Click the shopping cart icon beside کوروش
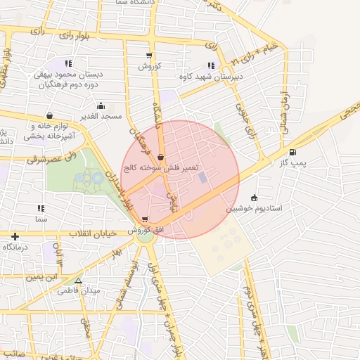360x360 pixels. pyautogui.click(x=148, y=56)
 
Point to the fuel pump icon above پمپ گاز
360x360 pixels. pyautogui.click(x=292, y=153)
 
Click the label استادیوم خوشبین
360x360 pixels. pyautogui.click(x=254, y=208)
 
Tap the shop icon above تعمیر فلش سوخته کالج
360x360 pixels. pyautogui.click(x=162, y=157)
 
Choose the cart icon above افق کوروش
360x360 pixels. pyautogui.click(x=145, y=219)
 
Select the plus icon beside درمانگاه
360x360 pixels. pyautogui.click(x=15, y=237)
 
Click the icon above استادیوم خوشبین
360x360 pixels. pyautogui.click(x=254, y=198)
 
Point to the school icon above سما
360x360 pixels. pyautogui.click(x=40, y=208)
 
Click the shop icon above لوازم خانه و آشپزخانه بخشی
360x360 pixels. pyautogui.click(x=49, y=116)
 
